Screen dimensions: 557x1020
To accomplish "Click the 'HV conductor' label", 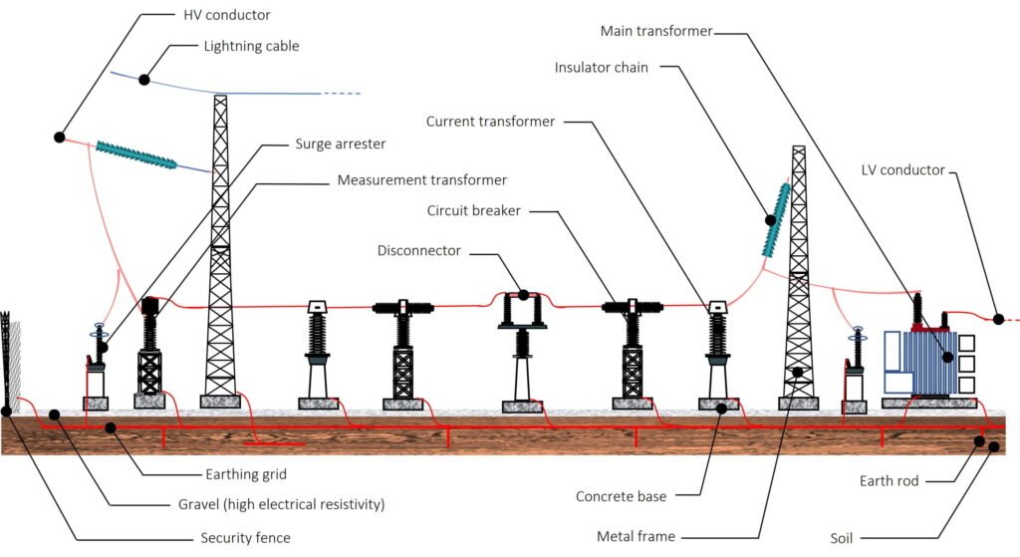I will click(228, 15).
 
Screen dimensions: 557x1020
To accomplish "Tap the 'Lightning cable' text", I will click(251, 46).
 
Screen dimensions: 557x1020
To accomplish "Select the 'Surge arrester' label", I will click(340, 143).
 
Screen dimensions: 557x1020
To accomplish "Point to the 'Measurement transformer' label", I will click(421, 180).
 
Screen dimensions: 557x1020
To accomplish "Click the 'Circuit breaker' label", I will click(474, 210).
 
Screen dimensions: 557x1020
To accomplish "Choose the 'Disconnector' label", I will click(419, 250).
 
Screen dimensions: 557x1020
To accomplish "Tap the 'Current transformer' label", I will click(490, 122).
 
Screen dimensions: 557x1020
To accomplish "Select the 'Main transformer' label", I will click(656, 31).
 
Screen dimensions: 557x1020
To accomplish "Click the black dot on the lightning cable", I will click(144, 79).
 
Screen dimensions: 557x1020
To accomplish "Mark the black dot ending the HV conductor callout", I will click(60, 137).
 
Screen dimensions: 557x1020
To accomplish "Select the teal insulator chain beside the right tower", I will click(776, 219).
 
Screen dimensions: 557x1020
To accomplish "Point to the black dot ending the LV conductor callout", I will click(998, 319).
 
